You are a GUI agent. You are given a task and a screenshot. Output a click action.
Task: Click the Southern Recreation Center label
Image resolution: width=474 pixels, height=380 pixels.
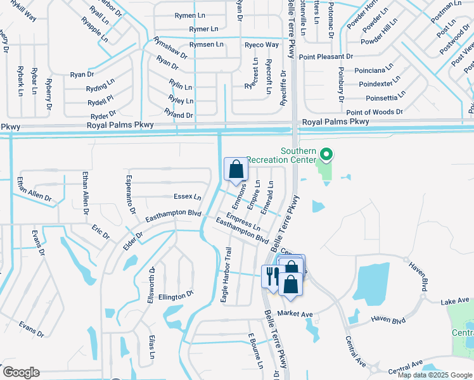click(281, 155)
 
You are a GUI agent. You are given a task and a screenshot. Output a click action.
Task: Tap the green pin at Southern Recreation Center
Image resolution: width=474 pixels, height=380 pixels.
click(326, 154)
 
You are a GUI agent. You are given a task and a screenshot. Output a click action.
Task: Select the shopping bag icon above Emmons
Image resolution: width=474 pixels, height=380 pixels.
click(236, 170)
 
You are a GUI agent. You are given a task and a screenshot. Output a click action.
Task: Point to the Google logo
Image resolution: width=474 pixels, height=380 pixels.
click(21, 372)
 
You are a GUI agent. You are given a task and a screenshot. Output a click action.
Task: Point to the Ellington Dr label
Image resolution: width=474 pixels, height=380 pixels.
click(176, 296)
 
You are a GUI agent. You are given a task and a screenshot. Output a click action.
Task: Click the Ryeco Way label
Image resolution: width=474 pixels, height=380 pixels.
click(262, 45)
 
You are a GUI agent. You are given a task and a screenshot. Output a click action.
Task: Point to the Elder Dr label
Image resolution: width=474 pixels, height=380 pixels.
click(134, 239)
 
